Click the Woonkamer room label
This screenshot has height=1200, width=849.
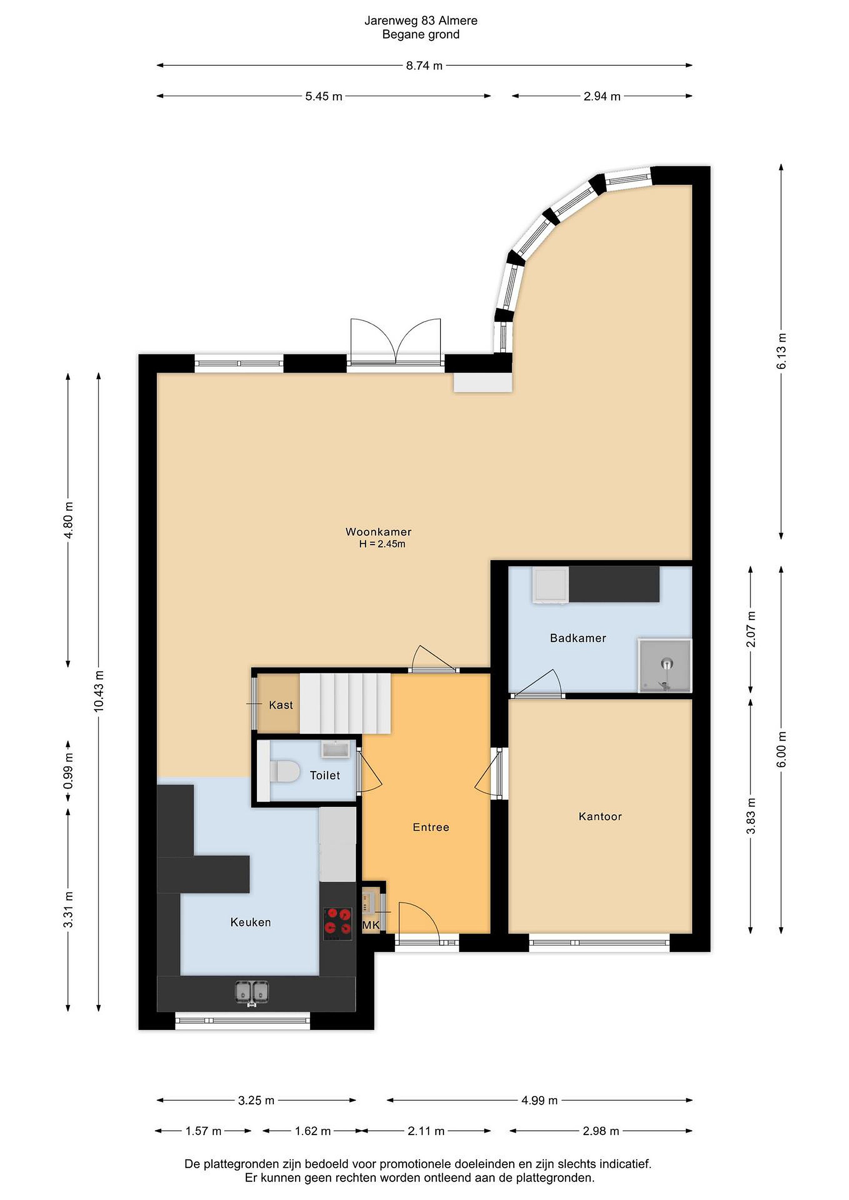point(378,532)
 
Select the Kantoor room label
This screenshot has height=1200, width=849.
point(600,816)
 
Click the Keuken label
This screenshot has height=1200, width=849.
point(250,922)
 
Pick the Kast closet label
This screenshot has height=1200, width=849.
point(281,705)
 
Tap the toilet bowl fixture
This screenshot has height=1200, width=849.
point(283,771)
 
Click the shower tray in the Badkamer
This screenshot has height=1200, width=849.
point(664,665)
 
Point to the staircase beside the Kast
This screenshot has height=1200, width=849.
point(345,703)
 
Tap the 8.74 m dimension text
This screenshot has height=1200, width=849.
point(424,66)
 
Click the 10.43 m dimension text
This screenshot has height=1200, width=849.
point(99,690)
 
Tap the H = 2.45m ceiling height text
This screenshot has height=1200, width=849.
point(382,544)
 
